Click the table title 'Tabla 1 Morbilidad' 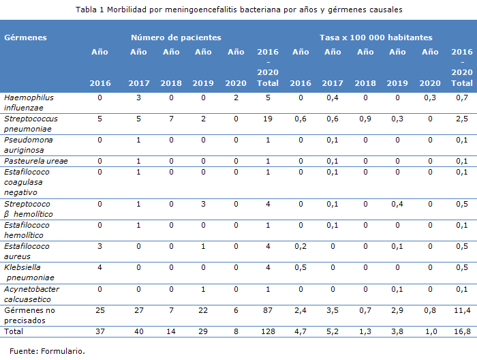[238, 10]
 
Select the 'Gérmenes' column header [25, 37]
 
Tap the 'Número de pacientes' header [176, 37]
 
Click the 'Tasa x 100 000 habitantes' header [375, 37]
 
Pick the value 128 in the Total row [268, 331]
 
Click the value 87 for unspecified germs [268, 310]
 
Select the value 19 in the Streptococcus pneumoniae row [268, 119]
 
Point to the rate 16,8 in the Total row [462, 331]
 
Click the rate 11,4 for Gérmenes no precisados [462, 310]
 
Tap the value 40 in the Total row [138, 331]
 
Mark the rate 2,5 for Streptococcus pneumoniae [462, 119]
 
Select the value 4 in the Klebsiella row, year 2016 [99, 268]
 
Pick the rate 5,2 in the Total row [333, 331]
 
